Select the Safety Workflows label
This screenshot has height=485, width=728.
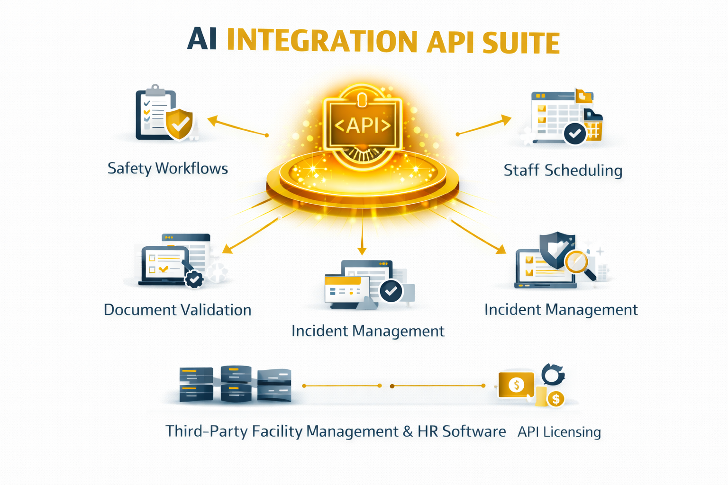(x=167, y=169)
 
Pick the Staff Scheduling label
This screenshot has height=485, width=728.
(x=563, y=171)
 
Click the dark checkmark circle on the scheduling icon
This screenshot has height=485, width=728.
(x=575, y=134)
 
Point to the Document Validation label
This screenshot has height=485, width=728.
(x=177, y=310)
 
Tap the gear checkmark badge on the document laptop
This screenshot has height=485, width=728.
(x=194, y=279)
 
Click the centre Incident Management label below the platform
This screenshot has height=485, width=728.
(x=368, y=331)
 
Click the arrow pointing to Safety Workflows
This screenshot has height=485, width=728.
(x=237, y=127)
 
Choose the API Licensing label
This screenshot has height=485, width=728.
(x=559, y=432)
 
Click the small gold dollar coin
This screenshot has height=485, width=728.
(x=556, y=399)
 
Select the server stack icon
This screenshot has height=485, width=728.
(x=235, y=384)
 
